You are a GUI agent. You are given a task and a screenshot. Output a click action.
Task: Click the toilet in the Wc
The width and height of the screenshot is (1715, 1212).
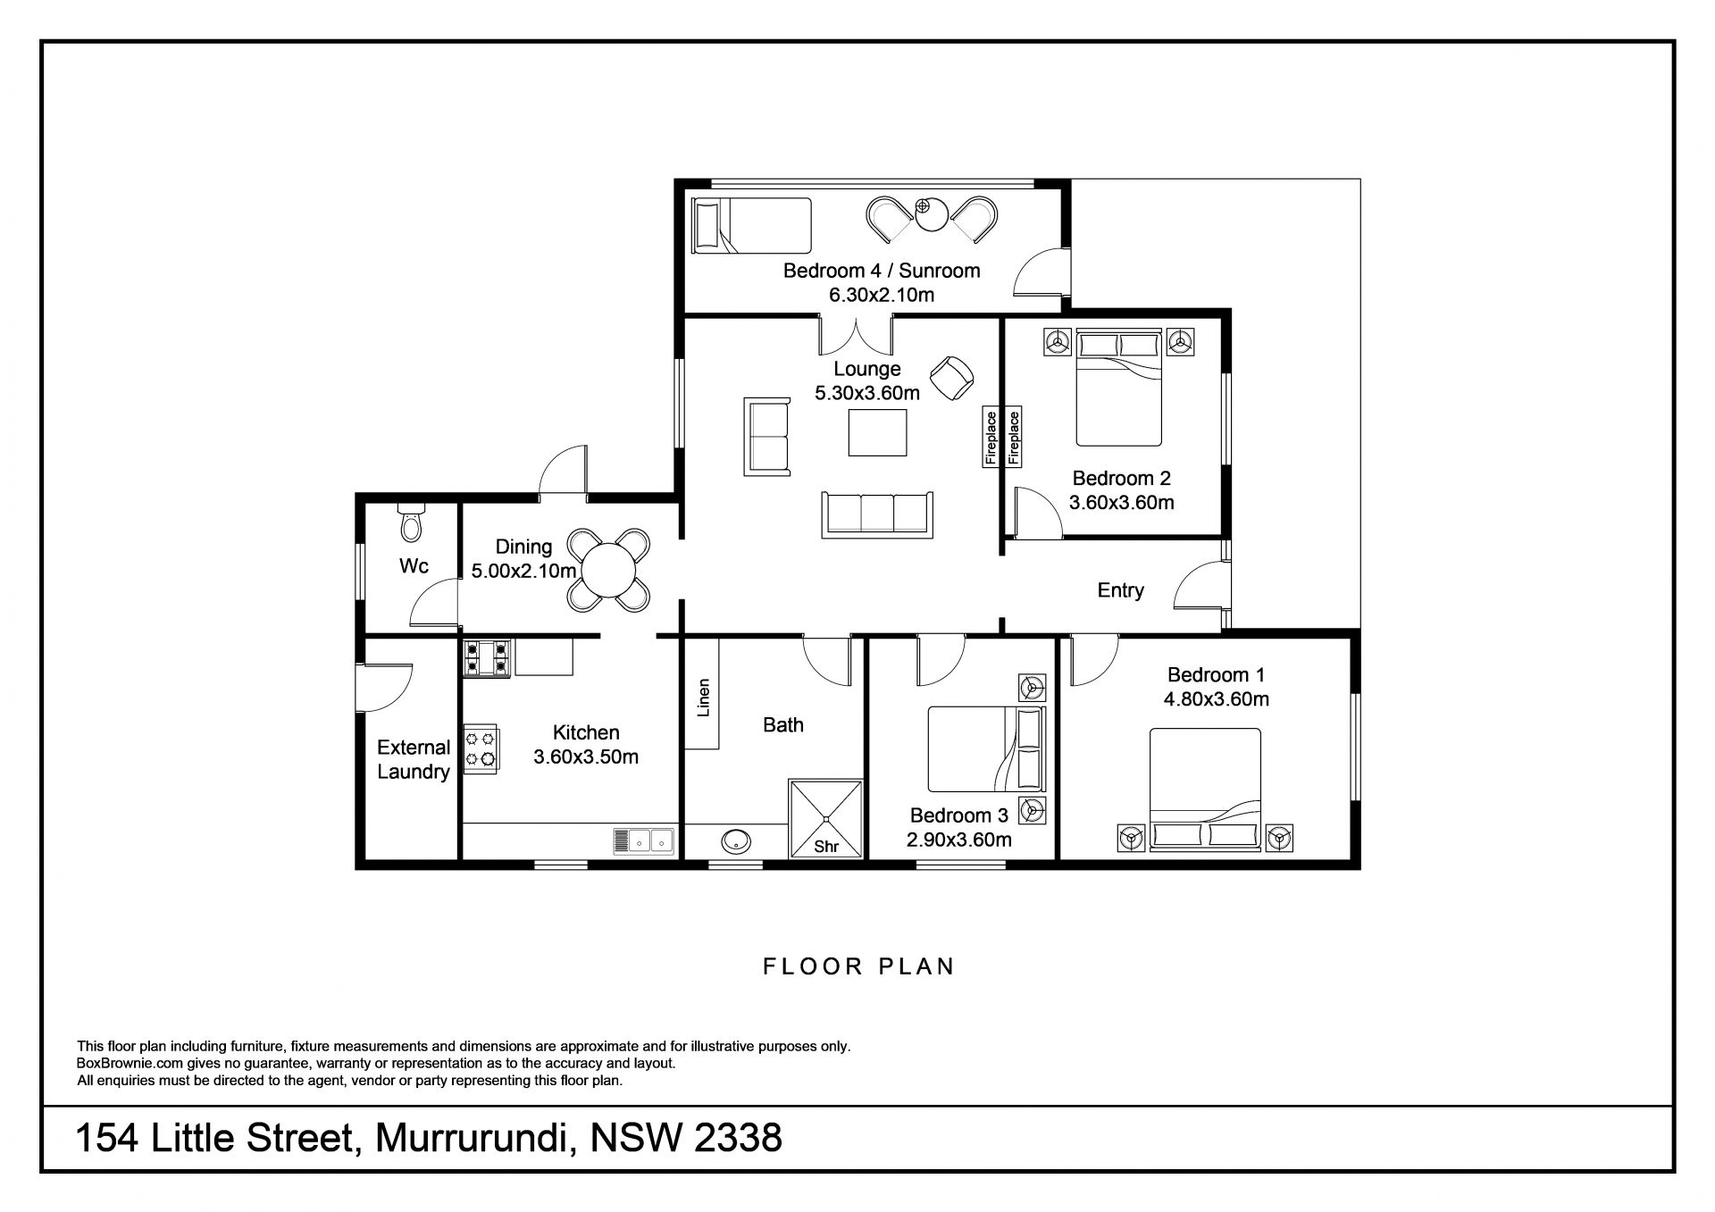[x=412, y=523]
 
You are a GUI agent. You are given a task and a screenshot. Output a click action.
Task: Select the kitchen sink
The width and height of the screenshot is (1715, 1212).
[x=643, y=841]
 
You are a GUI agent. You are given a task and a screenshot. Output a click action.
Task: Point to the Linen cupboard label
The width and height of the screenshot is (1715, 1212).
[x=704, y=698]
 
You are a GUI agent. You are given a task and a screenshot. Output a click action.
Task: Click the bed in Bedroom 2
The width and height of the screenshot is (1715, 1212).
[x=1119, y=388]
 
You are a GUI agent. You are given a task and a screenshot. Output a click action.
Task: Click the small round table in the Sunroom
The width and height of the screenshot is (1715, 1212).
[x=931, y=215]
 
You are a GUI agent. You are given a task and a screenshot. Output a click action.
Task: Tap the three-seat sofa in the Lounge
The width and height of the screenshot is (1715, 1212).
[x=875, y=514]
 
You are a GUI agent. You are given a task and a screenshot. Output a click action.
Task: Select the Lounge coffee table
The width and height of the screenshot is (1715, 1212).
[x=877, y=432]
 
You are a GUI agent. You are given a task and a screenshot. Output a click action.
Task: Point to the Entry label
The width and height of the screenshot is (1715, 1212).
[x=1120, y=590]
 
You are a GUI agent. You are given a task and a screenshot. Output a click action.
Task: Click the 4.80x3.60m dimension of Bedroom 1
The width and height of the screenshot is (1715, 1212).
[x=1216, y=699]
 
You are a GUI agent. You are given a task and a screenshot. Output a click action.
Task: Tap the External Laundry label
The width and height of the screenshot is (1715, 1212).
[x=414, y=760]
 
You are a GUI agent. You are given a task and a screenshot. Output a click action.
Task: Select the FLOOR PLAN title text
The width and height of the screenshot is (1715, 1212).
[x=858, y=966]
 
